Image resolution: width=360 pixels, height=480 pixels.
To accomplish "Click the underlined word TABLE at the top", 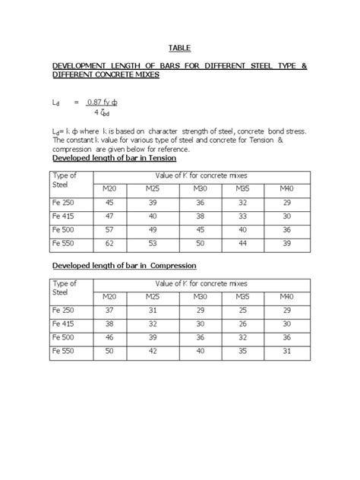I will (179, 48).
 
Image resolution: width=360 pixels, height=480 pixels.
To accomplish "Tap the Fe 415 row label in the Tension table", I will (66, 215).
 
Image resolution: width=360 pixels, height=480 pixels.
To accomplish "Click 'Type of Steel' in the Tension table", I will (66, 180).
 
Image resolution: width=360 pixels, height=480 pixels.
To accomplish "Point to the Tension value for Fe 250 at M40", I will (286, 201).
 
